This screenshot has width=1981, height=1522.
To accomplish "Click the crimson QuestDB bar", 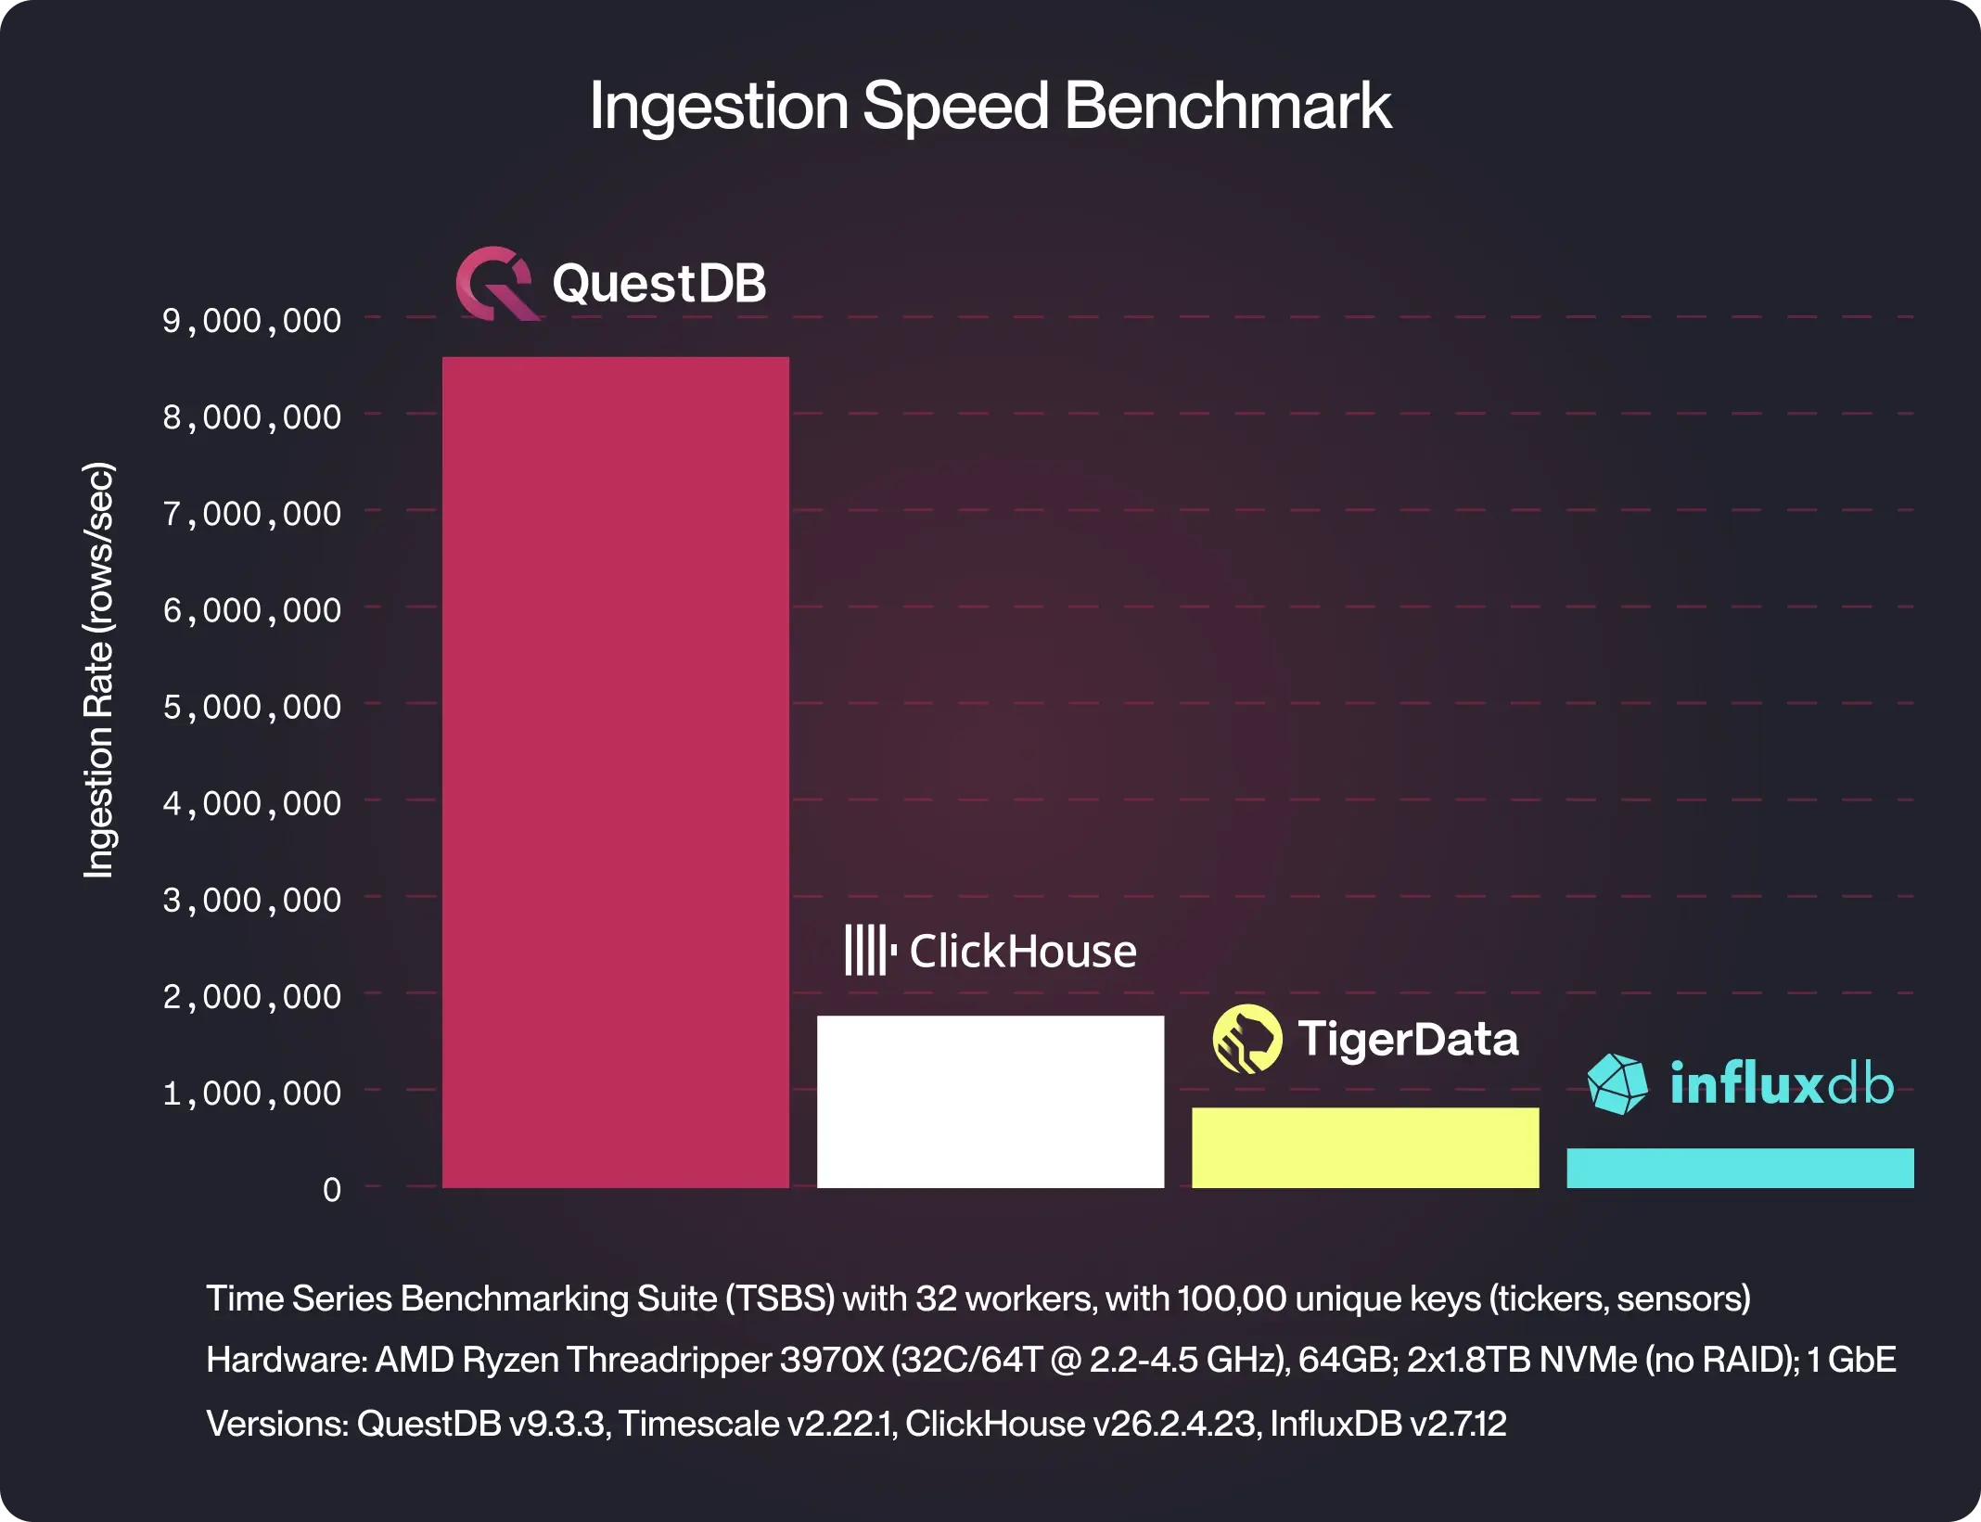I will (x=615, y=772).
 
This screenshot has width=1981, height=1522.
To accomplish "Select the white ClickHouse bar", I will (x=990, y=1101).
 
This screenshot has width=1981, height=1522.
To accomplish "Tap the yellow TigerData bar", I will (x=1364, y=1147).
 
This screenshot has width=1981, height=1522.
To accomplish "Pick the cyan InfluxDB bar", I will (x=1739, y=1168).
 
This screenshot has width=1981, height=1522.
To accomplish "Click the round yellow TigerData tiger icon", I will (x=1246, y=1039).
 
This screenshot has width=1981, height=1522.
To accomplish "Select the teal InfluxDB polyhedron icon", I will (x=1617, y=1083).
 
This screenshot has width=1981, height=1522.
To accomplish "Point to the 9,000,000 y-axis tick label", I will (x=252, y=321).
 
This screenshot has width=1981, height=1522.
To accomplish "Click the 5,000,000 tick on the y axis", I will (x=252, y=707).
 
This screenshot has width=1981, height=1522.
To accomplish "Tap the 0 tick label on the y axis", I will (x=331, y=1190).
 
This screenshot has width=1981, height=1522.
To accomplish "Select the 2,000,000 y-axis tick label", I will (x=252, y=997).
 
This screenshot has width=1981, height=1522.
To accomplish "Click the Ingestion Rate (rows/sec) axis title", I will (x=98, y=670).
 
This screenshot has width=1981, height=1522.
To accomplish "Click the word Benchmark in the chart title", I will (x=1227, y=106).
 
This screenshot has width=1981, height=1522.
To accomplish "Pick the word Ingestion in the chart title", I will (x=719, y=106).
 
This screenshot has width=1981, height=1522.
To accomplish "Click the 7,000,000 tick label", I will (x=252, y=514).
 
